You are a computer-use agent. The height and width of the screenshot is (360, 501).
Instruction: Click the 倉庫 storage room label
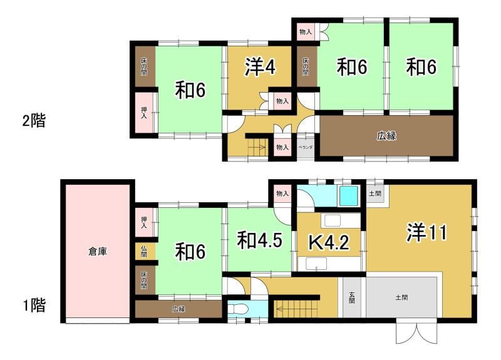pyautogui.click(x=98, y=252)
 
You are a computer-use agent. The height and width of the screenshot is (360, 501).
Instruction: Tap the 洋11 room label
pyautogui.click(x=426, y=232)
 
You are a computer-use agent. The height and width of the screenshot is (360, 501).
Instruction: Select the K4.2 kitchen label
pyautogui.click(x=329, y=243)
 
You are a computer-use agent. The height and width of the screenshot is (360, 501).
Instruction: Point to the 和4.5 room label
pyautogui.click(x=259, y=240)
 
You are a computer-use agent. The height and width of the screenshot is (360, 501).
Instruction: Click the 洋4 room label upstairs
pyautogui.click(x=260, y=68)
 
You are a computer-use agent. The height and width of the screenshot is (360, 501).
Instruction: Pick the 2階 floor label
pyautogui.click(x=34, y=121)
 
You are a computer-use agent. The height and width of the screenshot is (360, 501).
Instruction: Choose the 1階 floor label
pyautogui.click(x=34, y=305)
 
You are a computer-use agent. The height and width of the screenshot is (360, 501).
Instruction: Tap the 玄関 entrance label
pyautogui.click(x=352, y=297)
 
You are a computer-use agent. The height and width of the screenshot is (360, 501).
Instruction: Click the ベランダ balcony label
pyautogui.click(x=305, y=147)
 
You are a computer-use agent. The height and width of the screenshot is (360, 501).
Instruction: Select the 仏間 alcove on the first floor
pyautogui.click(x=145, y=252)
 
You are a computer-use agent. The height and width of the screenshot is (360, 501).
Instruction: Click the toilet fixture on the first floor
pyautogui.click(x=238, y=309)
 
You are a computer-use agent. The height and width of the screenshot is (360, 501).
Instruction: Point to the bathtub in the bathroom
pyautogui.click(x=348, y=195)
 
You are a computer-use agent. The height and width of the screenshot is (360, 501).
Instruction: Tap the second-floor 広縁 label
pyautogui.click(x=386, y=136)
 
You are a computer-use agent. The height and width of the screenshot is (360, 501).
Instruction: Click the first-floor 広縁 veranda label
pyautogui.click(x=178, y=309)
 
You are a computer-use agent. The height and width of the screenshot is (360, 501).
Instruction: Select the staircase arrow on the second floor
pyautogui.click(x=257, y=147)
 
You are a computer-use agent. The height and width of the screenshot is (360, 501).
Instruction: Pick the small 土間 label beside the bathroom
pyautogui.click(x=374, y=193)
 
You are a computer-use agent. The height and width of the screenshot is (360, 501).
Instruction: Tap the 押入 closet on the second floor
pyautogui.click(x=145, y=113)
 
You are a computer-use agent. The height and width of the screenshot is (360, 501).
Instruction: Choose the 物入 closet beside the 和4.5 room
pyautogui.click(x=282, y=193)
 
